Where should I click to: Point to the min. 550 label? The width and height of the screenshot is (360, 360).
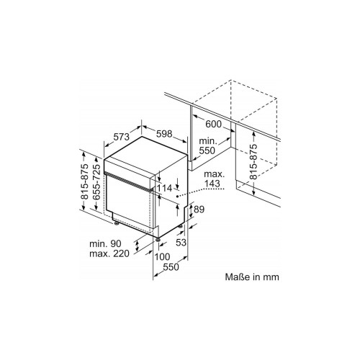point(209,147)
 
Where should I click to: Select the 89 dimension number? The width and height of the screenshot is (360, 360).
point(200,208)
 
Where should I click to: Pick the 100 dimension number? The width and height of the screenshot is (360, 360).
point(162,257)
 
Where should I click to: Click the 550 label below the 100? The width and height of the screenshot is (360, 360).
point(170,267)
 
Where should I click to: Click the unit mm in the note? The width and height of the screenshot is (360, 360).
point(269,276)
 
